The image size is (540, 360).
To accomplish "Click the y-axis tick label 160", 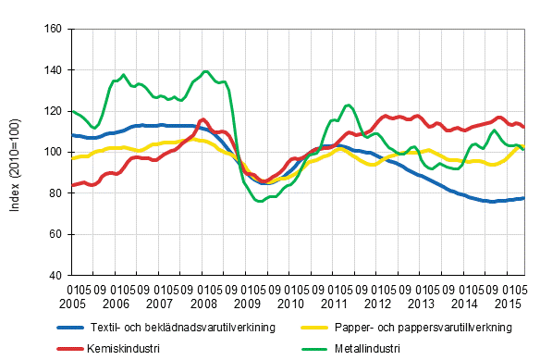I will tap(54, 30).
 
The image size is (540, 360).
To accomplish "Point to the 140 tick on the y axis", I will tap(54, 70).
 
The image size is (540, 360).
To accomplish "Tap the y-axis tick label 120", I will tap(54, 111).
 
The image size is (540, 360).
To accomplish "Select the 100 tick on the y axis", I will tap(54, 153).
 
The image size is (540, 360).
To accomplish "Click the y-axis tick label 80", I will tap(56, 193).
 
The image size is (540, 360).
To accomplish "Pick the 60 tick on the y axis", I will tap(56, 234).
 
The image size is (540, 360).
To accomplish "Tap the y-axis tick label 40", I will tap(56, 275).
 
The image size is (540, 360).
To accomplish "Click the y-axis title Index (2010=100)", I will tap(16, 153).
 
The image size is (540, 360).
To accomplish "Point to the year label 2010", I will tap(290, 304).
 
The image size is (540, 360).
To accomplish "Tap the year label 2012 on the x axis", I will tap(377, 304).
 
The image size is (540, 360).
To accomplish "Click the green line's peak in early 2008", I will tap(205, 71).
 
